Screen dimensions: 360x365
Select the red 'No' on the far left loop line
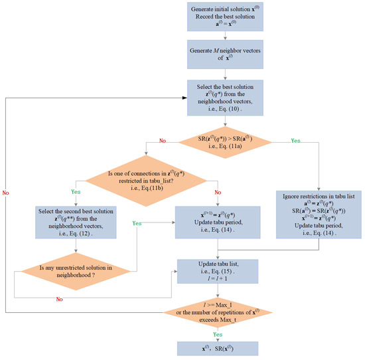6,191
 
